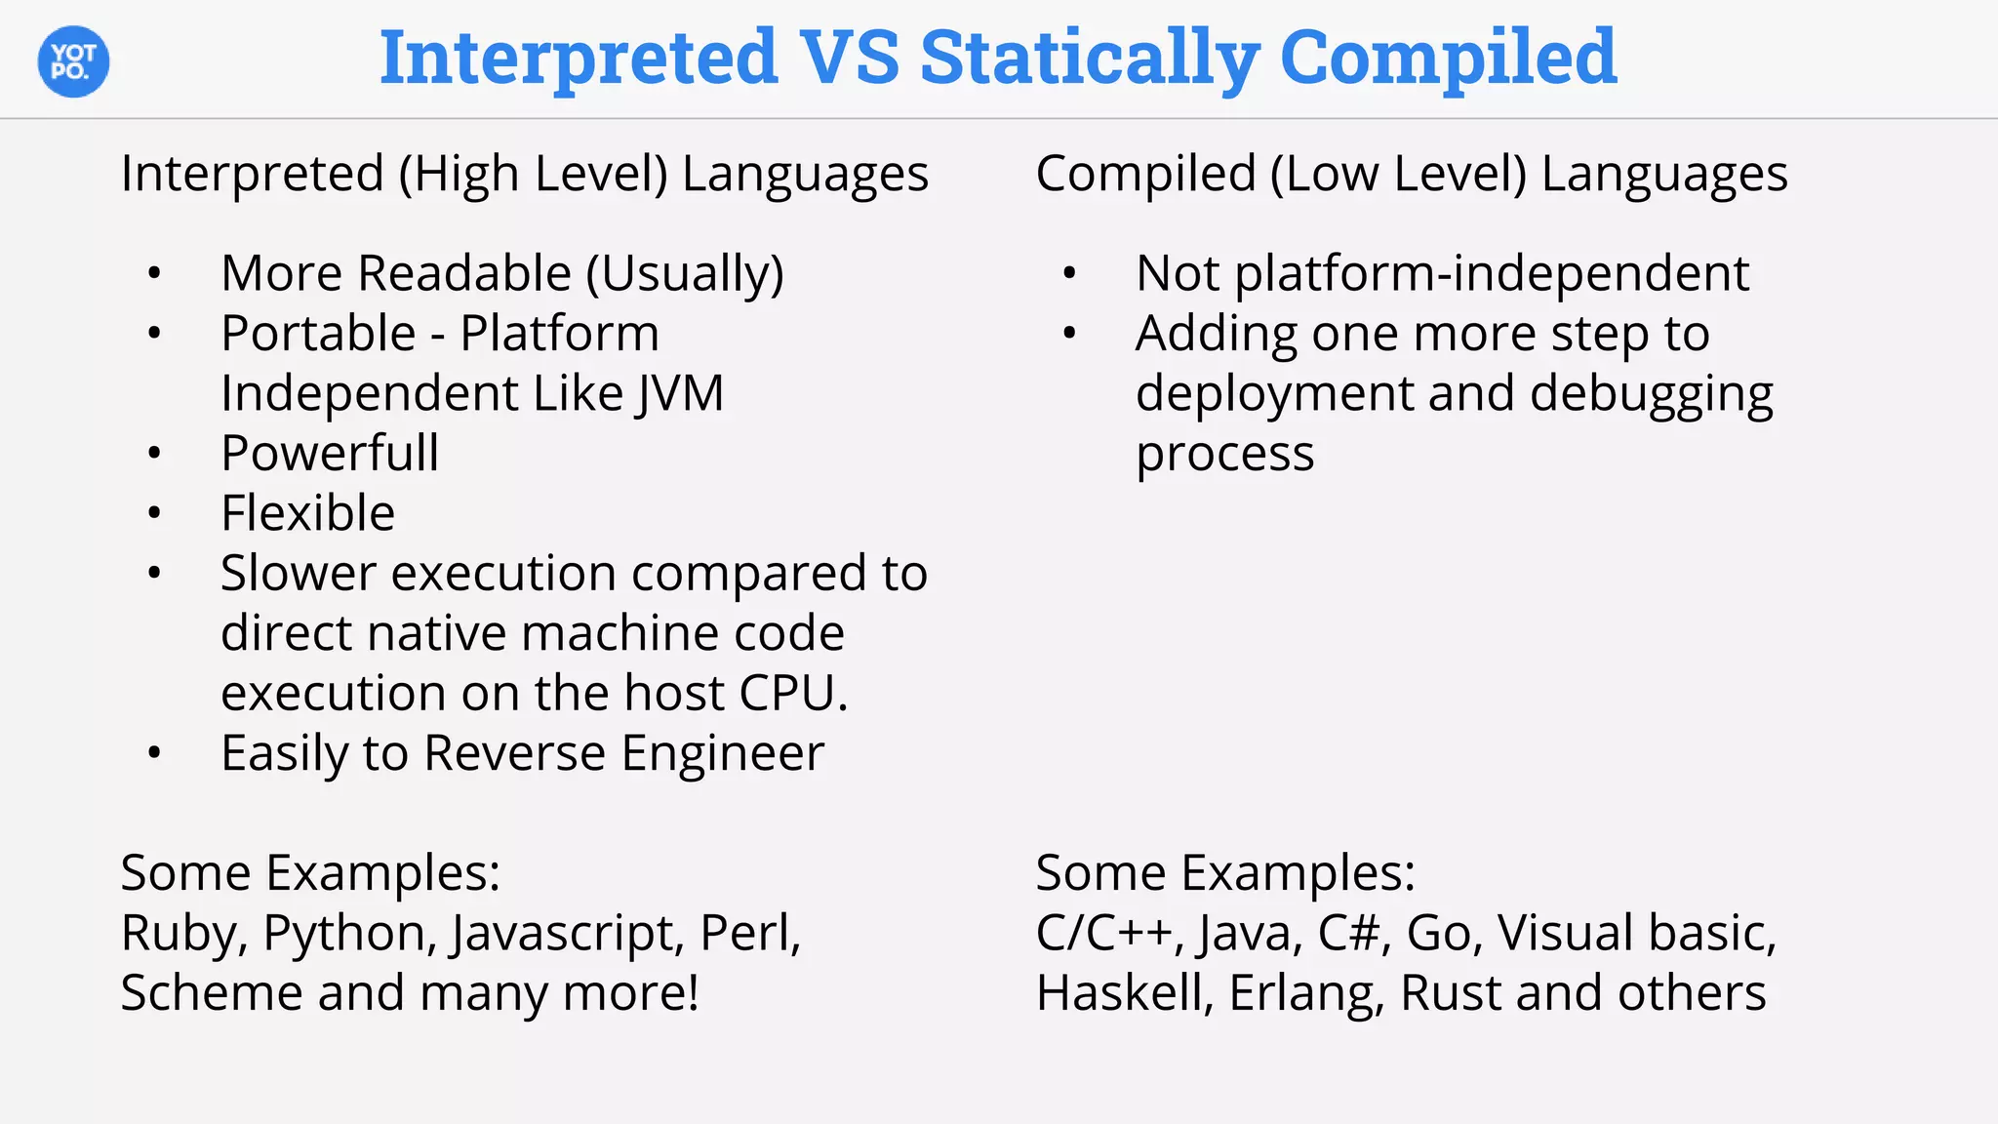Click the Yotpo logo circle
pyautogui.click(x=73, y=61)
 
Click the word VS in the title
pyautogui.click(x=849, y=57)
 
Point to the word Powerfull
pyautogui.click(x=330, y=454)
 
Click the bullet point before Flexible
pyautogui.click(x=154, y=513)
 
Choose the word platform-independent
pyautogui.click(x=1492, y=274)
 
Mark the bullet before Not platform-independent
pyautogui.click(x=1069, y=273)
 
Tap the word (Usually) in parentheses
pyautogui.click(x=685, y=274)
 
